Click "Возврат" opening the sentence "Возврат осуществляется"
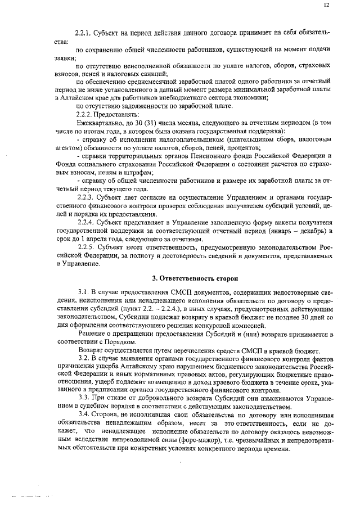[x=91, y=350]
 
